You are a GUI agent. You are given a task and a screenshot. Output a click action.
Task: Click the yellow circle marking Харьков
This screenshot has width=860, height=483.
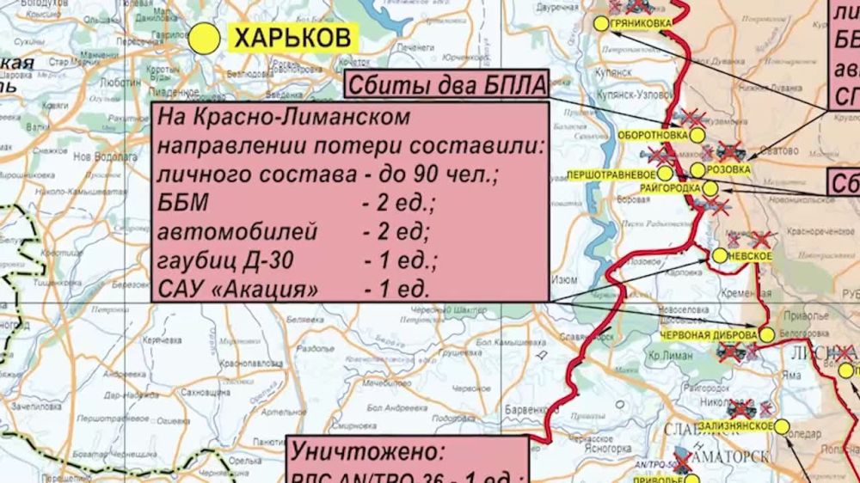pos(205,38)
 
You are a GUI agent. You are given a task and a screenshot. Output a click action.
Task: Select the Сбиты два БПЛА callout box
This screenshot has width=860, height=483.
pos(447,87)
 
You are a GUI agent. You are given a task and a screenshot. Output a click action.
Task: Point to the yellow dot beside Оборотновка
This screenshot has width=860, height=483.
pos(697,136)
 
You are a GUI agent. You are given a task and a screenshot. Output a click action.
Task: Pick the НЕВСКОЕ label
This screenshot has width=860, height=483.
pos(748,256)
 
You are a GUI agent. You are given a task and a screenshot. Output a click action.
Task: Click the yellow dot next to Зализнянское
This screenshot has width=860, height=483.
pos(782,425)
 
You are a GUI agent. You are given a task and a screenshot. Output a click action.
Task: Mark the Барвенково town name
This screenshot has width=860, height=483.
pos(526,410)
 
